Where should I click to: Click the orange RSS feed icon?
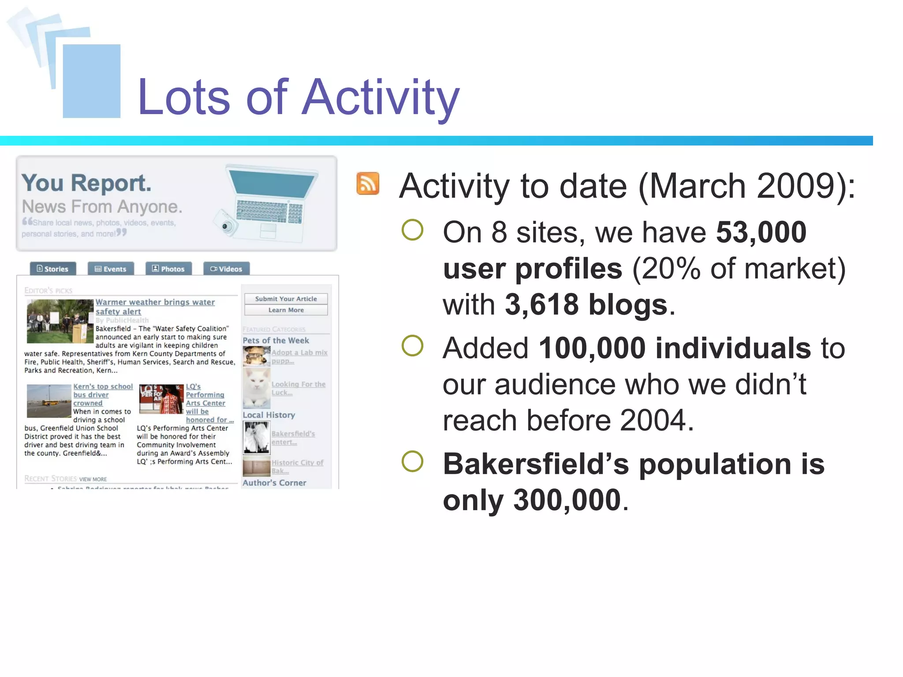(x=368, y=183)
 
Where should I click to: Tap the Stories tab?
(x=53, y=269)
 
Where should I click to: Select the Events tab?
(x=111, y=269)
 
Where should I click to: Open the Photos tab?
(x=168, y=269)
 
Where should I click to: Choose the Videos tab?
(x=226, y=269)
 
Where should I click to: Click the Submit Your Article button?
(x=286, y=299)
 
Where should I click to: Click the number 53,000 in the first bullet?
(x=761, y=232)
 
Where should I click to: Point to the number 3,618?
(x=541, y=305)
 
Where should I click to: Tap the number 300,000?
(x=567, y=500)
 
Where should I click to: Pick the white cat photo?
(x=257, y=388)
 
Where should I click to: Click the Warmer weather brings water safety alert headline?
(x=155, y=307)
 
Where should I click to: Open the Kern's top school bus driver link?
(x=103, y=394)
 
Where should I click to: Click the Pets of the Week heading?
(x=276, y=340)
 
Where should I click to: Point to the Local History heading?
(x=269, y=415)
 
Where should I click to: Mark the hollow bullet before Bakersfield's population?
(x=412, y=461)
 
